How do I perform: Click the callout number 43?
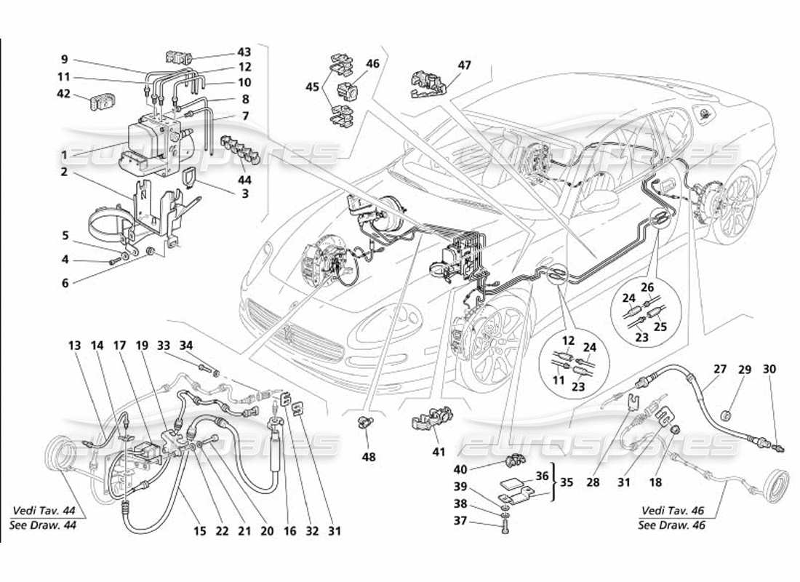point(244,52)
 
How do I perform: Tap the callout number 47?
point(464,65)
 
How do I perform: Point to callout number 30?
point(769,369)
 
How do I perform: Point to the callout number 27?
point(719,369)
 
